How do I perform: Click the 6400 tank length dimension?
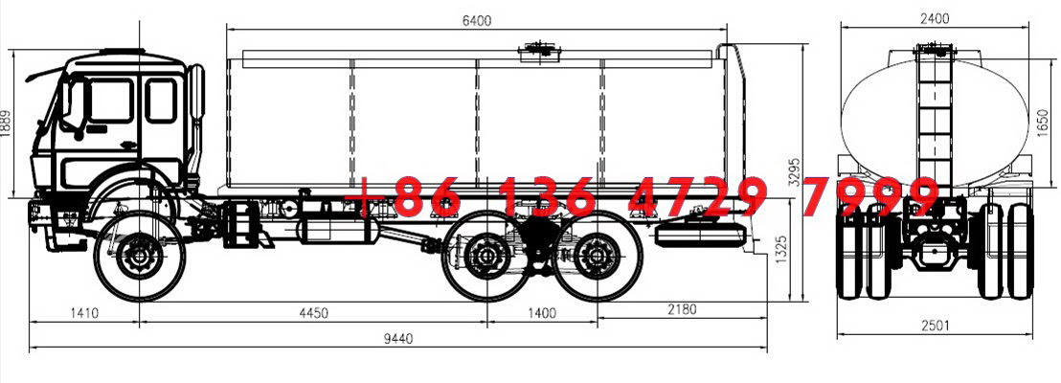[477, 21]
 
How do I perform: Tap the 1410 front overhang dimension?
[84, 313]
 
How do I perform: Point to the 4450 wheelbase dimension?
[313, 313]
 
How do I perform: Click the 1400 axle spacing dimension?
[541, 313]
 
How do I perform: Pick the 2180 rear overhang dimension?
[682, 309]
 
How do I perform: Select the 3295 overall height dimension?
[796, 172]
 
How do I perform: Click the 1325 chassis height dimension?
[782, 250]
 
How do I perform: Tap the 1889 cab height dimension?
[6, 124]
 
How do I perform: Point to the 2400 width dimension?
[935, 19]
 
